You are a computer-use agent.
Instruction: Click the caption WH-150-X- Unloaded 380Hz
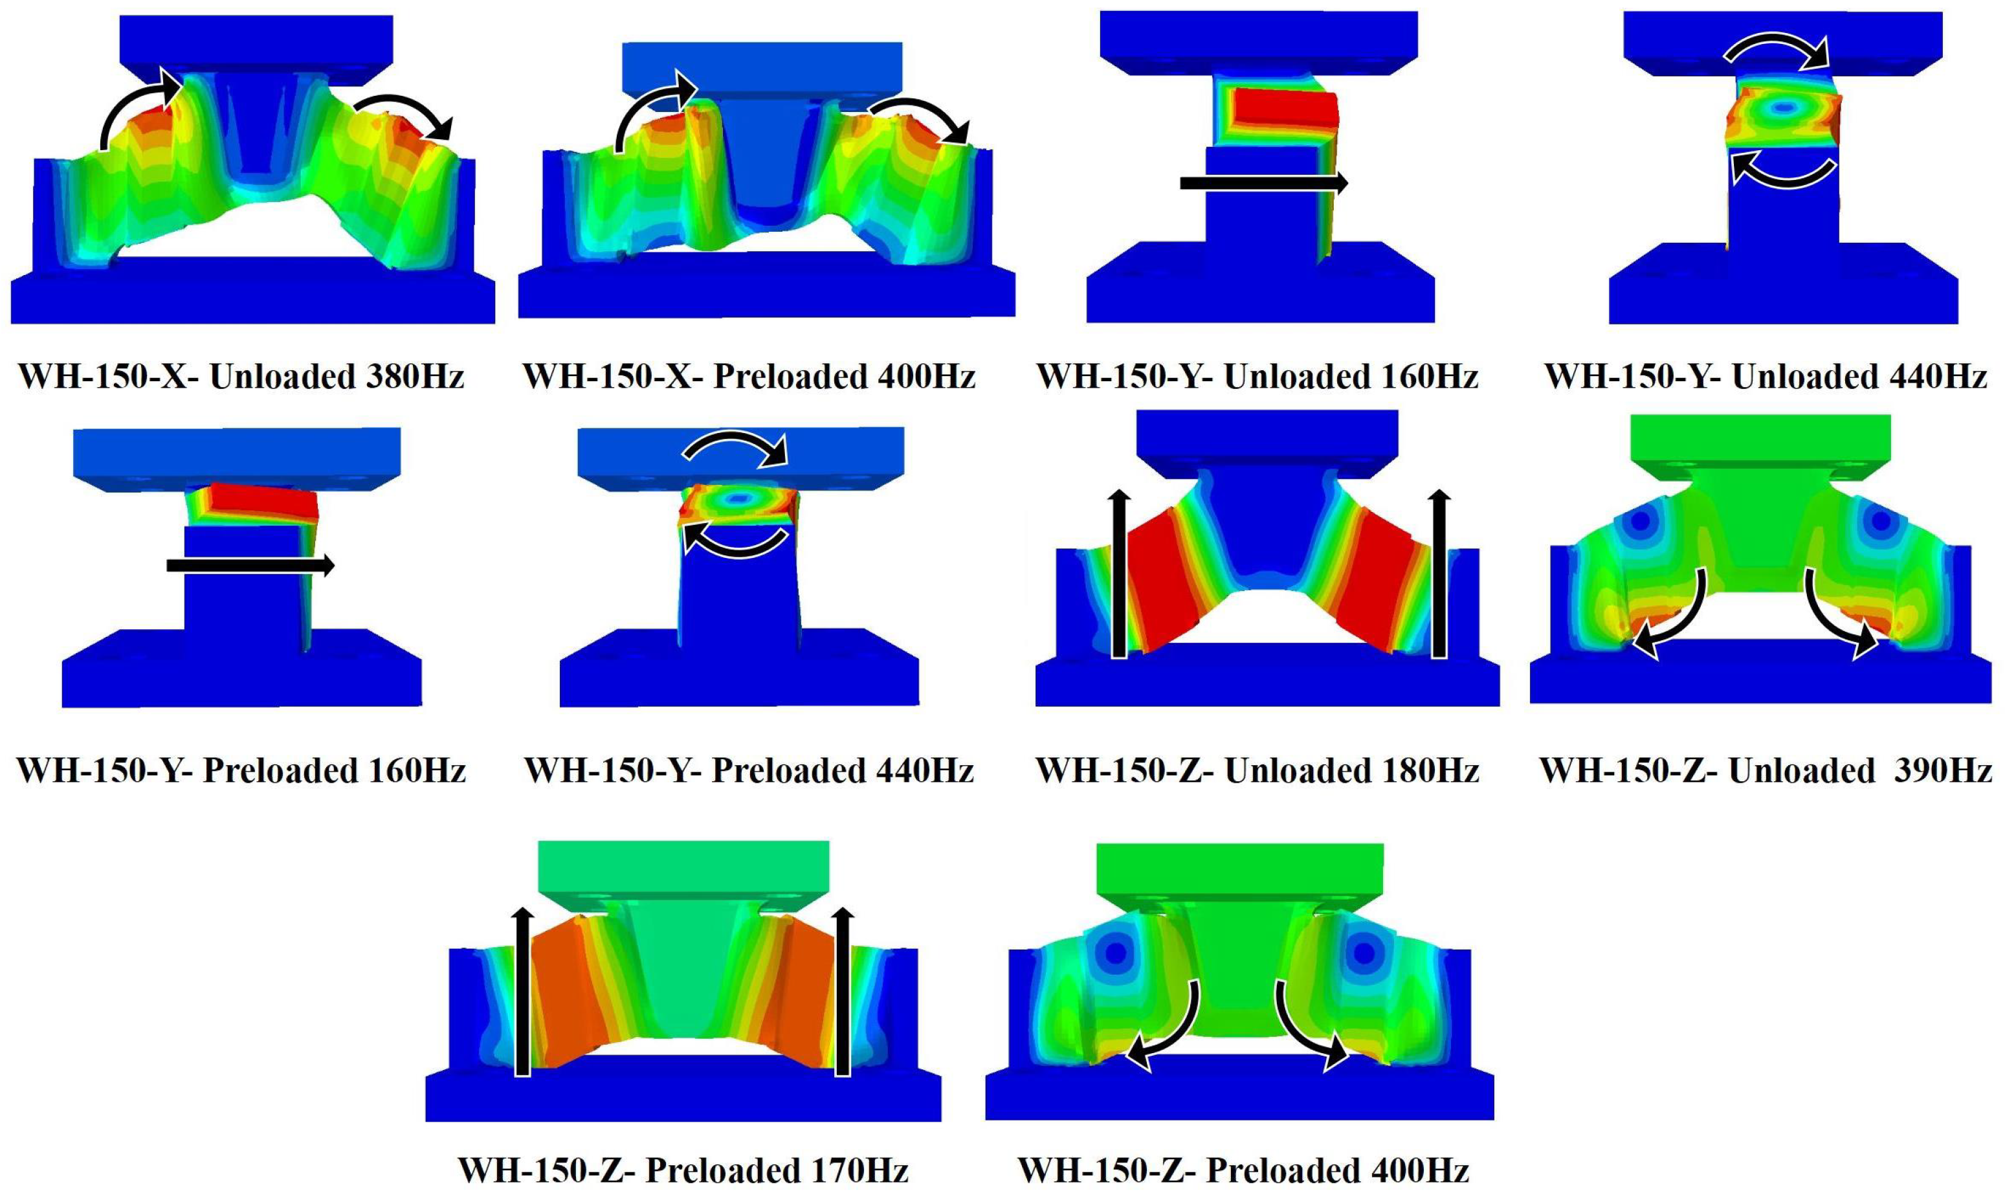(x=241, y=377)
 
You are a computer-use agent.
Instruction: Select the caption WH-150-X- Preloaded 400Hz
(x=749, y=377)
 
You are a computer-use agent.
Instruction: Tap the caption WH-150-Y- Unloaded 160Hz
(x=1257, y=377)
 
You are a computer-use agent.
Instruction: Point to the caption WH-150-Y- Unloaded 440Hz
(x=1766, y=377)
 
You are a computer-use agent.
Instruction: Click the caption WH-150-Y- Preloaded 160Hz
(x=241, y=770)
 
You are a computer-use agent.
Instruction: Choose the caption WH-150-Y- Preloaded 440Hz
(x=749, y=770)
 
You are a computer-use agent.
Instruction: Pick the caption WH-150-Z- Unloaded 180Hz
(x=1257, y=770)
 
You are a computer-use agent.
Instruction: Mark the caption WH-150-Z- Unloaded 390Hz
(x=1766, y=770)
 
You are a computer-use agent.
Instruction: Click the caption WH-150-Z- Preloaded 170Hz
(x=683, y=1170)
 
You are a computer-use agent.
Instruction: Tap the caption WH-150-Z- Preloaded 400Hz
(x=1243, y=1170)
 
